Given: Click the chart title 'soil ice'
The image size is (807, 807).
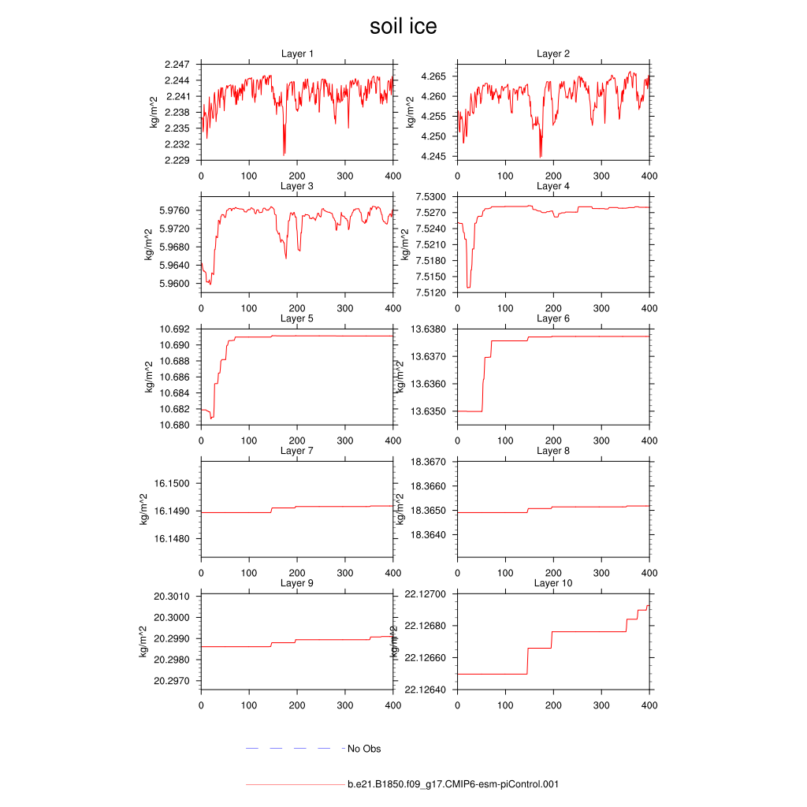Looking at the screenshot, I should click(x=403, y=27).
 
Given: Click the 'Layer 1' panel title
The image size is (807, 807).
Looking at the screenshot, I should click(x=297, y=54).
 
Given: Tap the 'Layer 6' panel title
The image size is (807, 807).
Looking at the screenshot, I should click(x=552, y=318).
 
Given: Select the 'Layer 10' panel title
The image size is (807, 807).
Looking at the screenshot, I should click(x=552, y=583).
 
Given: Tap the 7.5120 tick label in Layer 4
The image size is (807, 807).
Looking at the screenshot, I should click(x=430, y=292).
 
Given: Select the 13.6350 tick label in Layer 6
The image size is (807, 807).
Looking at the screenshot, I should click(x=428, y=411).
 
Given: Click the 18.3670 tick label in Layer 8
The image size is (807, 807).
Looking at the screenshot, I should click(x=428, y=462).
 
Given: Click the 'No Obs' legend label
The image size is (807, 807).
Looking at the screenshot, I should click(x=364, y=749).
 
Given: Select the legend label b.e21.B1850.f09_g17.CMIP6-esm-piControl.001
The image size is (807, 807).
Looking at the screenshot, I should click(x=453, y=784).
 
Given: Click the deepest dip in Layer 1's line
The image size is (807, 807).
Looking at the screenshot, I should click(x=284, y=154).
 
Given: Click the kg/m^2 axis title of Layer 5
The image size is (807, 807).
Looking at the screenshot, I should click(x=149, y=377).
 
